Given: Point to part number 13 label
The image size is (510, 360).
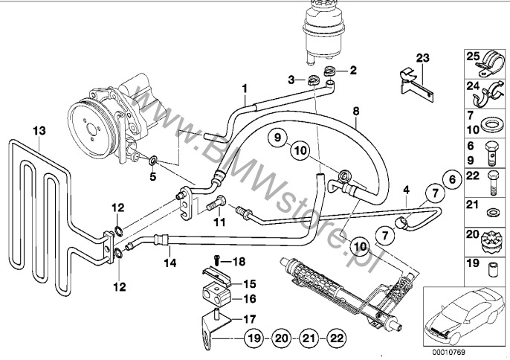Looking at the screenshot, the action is click(39, 131).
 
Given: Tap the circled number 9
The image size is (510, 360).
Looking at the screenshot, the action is click(277, 137).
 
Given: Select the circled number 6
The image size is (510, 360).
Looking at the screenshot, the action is click(452, 179).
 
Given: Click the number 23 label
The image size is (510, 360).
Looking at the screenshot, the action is click(423, 58).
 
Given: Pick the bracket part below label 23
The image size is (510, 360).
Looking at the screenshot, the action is click(417, 85).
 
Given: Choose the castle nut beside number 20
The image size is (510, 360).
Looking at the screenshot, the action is click(489, 244).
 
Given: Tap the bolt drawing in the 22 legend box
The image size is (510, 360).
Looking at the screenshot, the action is click(492, 183).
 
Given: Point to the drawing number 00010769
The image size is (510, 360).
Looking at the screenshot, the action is click(448, 352).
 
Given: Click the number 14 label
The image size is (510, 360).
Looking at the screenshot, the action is click(170, 263).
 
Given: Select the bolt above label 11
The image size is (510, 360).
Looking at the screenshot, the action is click(216, 203).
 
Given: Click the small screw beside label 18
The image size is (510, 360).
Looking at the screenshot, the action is click(216, 260).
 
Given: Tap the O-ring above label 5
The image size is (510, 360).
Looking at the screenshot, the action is click(153, 160).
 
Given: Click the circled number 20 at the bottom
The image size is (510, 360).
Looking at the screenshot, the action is click(282, 338).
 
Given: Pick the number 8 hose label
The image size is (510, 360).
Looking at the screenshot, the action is click(356, 112).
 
